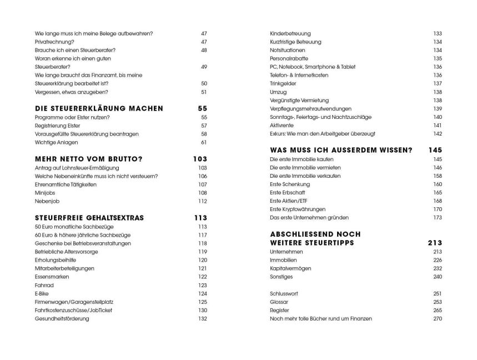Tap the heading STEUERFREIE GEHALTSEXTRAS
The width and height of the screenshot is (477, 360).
point(89,218)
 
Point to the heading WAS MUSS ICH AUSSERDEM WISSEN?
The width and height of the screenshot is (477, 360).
point(340,151)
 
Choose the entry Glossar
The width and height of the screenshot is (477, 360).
point(279,302)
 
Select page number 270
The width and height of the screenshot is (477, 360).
point(437,318)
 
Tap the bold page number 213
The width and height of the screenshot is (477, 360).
point(435,243)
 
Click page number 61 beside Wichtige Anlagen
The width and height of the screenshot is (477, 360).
point(203,143)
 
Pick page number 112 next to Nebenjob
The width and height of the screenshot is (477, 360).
point(202,201)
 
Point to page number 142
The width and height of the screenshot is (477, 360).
point(437,134)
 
